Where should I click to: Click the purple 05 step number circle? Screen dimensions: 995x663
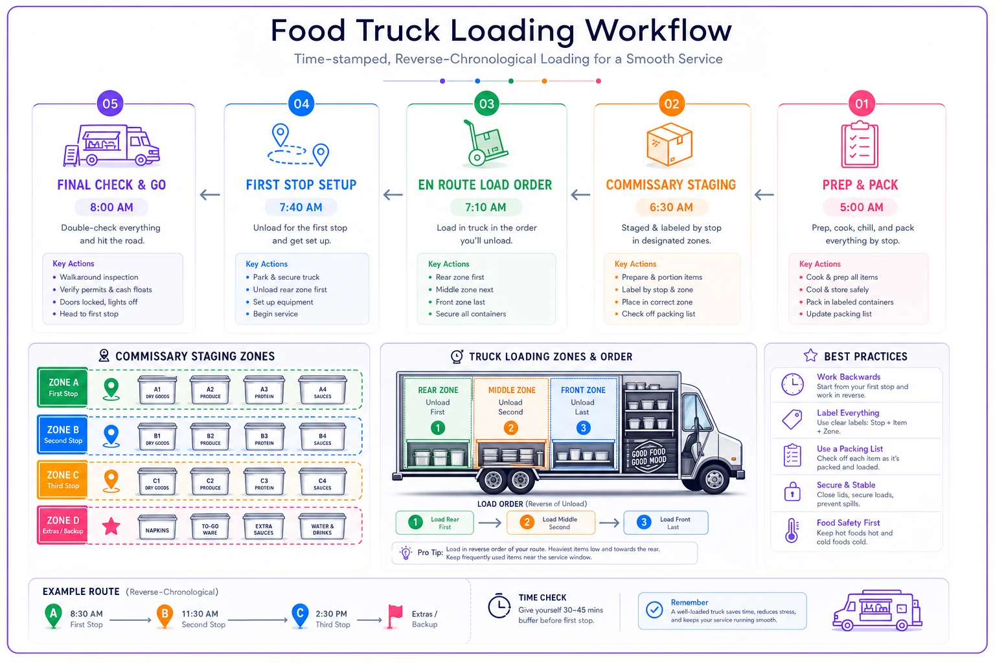point(110,104)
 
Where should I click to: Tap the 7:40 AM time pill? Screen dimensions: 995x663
point(301,207)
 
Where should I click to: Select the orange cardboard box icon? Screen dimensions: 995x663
point(669,144)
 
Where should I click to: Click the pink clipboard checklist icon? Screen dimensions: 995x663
point(860,144)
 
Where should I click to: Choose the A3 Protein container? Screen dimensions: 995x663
point(264,390)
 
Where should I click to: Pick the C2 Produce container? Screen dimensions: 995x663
point(210,481)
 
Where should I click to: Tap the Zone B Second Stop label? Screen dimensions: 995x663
point(63,434)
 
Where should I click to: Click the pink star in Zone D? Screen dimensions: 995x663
point(111,526)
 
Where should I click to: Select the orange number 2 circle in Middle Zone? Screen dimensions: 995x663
point(511,428)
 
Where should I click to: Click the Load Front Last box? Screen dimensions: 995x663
point(666,523)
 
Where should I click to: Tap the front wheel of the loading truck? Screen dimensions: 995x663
point(715,478)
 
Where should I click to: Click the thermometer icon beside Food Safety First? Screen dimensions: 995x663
point(792,531)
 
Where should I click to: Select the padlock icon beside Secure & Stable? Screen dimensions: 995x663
point(792,492)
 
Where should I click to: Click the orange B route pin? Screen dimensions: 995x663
point(165,616)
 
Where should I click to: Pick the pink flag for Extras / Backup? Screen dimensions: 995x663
point(394,616)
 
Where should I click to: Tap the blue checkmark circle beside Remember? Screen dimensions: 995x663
point(654,610)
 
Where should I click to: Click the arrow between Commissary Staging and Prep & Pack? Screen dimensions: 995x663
point(764,194)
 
